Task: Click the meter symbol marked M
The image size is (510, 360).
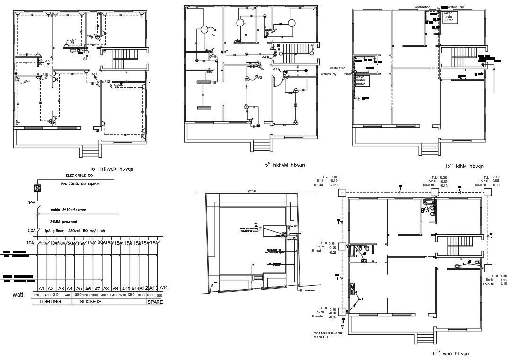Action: [37, 188]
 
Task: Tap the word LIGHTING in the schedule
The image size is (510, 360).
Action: [50, 302]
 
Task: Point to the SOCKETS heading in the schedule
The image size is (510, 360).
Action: [90, 302]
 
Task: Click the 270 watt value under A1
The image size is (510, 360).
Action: [37, 295]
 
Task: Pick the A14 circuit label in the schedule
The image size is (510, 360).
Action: [164, 288]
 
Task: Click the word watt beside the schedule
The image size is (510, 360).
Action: [18, 294]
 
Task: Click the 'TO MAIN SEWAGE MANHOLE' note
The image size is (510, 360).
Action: [327, 335]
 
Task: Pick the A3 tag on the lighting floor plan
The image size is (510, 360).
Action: [213, 35]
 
